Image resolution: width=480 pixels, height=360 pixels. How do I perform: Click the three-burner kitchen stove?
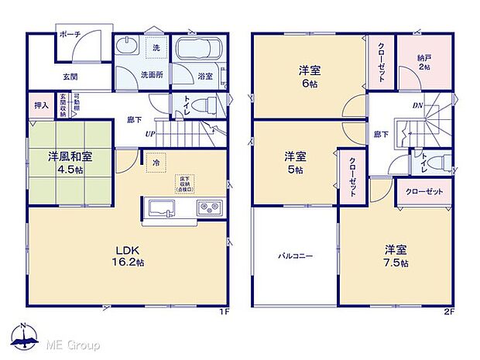[209, 207]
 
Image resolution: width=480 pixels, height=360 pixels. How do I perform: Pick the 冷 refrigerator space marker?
[156, 163]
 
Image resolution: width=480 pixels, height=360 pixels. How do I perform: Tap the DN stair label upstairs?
[417, 106]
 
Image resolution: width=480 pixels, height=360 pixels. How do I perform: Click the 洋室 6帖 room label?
[310, 77]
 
